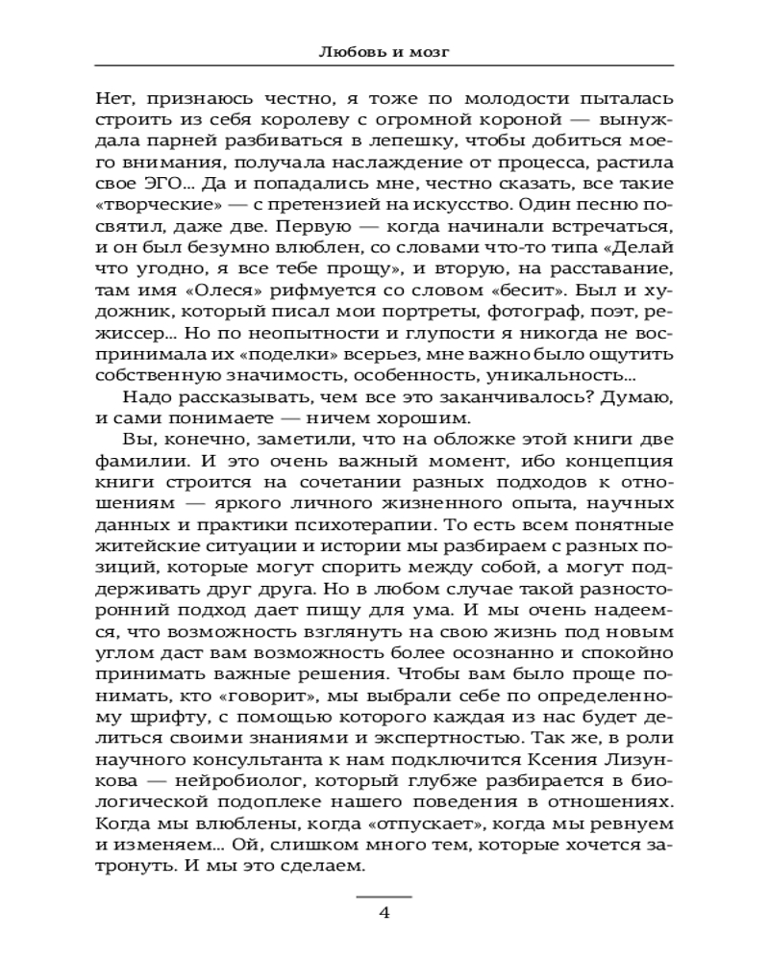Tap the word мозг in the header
429,54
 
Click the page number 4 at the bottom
384,913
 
